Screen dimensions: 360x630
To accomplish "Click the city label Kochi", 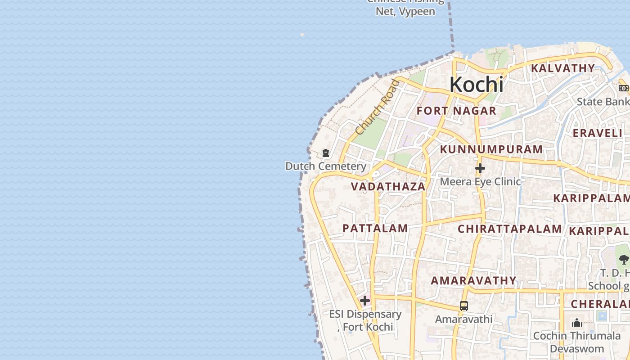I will (476, 85).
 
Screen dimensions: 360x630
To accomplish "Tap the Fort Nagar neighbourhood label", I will (456, 111).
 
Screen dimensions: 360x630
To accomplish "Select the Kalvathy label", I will (562, 68).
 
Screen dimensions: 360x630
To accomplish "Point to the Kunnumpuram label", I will (491, 149).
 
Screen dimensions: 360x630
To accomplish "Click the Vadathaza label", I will (388, 186).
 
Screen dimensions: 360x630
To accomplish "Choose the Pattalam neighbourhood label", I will (375, 228).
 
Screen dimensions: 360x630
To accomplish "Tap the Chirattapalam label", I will (509, 229).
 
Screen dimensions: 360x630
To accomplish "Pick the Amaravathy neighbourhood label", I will (473, 281).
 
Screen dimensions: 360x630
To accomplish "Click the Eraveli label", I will (597, 133).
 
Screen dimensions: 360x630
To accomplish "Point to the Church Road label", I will (377, 107).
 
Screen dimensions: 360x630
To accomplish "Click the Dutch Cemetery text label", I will (326, 166).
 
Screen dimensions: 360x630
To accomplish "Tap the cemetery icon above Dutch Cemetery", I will (325, 153).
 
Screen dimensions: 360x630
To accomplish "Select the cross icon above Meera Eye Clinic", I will (480, 169).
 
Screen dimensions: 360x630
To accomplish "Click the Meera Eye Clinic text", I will (480, 181).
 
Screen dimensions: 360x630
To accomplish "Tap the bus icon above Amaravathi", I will (463, 306).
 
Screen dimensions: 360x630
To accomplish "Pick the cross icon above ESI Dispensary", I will (365, 301).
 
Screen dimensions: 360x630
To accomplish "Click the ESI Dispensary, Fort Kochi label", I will (365, 320).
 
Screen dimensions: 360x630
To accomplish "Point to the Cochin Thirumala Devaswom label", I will (577, 342).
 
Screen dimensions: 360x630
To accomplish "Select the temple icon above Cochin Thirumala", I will (577, 323).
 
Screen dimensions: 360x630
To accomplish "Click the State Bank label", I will (603, 102).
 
